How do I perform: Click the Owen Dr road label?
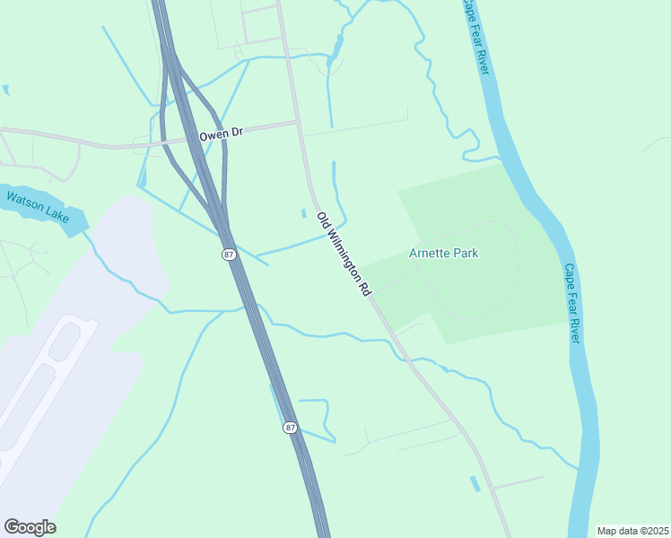(221, 134)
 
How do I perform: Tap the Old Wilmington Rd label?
(344, 255)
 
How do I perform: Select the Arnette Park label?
(443, 254)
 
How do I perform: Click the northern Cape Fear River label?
(475, 37)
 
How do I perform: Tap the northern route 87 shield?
(229, 255)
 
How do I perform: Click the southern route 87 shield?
(290, 428)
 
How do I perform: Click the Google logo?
(30, 527)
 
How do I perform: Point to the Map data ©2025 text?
(632, 531)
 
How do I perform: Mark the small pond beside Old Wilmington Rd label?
(303, 213)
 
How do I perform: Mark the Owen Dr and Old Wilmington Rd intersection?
(297, 123)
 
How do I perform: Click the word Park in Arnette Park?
(465, 254)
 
